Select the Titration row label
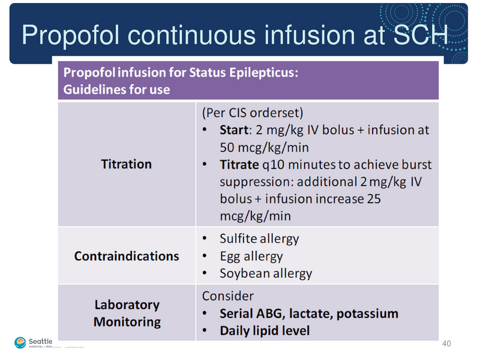click(x=126, y=164)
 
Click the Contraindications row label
click(x=126, y=256)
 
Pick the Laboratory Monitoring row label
click(x=127, y=313)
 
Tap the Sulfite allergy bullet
click(x=259, y=238)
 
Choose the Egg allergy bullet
click(x=251, y=256)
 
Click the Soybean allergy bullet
click(x=266, y=274)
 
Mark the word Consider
click(x=227, y=296)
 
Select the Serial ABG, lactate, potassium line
click(x=308, y=313)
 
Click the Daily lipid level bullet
click(x=265, y=331)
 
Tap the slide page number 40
click(x=446, y=344)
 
